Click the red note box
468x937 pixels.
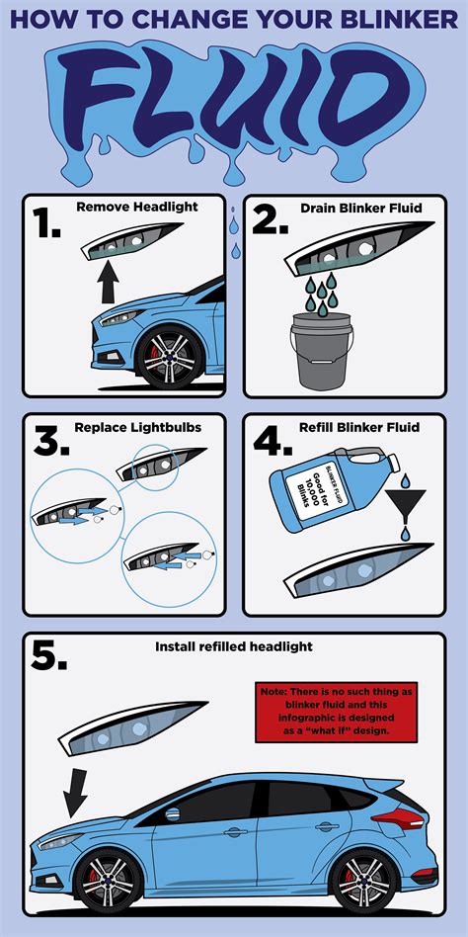[322, 712]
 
